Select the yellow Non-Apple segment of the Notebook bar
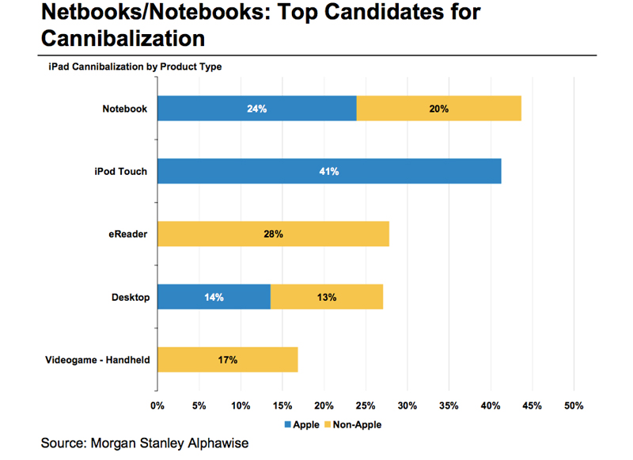click(438, 108)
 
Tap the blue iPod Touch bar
click(329, 171)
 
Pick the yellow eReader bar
click(273, 234)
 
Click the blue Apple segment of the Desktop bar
click(214, 298)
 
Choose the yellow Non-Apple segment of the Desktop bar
click(327, 298)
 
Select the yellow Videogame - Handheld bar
click(227, 360)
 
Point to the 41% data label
click(329, 172)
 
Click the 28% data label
click(273, 234)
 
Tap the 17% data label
click(228, 360)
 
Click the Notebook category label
click(125, 108)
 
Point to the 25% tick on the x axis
click(366, 406)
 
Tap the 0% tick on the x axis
click(157, 406)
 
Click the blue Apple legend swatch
click(288, 425)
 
